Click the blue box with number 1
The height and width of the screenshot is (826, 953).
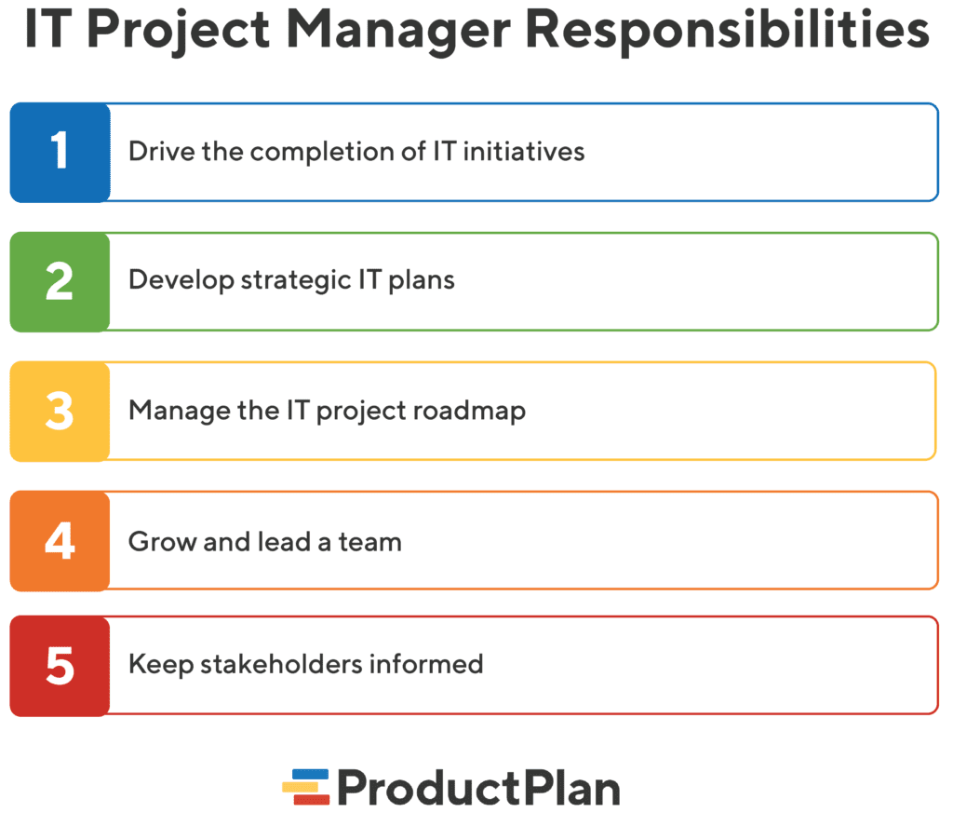tap(60, 152)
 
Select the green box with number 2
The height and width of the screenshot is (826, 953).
tap(60, 281)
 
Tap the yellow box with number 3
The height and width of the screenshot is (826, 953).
tap(60, 411)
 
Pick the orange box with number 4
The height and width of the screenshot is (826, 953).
tap(60, 540)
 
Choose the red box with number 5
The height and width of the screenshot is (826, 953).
tap(60, 665)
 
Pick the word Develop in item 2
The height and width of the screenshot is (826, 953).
tap(181, 280)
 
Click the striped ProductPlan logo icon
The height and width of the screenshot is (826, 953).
tap(306, 787)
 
